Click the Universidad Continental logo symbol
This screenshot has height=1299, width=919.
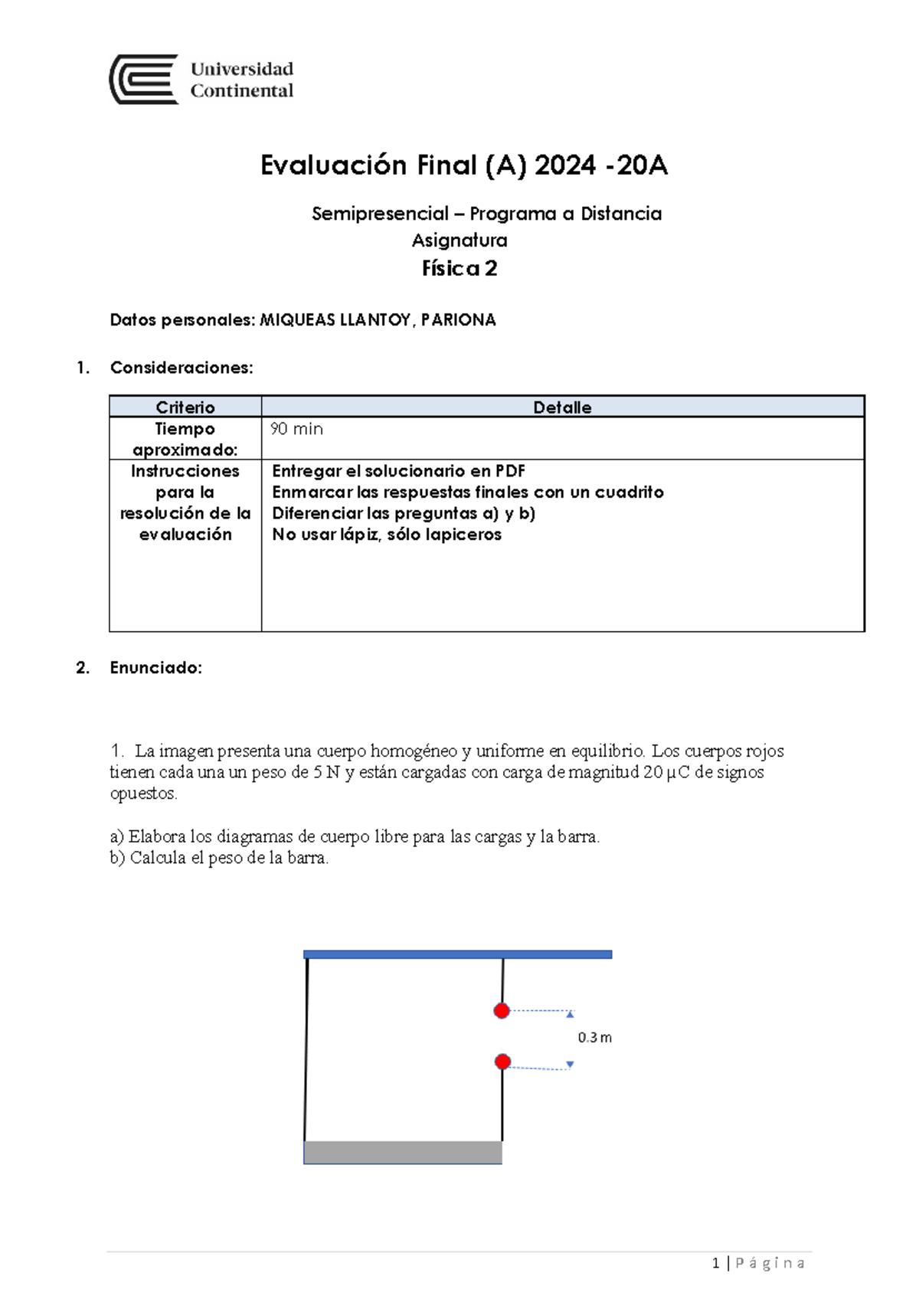(144, 79)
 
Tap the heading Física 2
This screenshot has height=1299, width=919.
(459, 268)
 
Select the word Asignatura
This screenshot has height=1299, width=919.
(459, 240)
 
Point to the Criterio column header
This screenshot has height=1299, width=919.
(185, 407)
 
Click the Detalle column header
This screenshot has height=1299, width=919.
(562, 407)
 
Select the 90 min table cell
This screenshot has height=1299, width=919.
(296, 429)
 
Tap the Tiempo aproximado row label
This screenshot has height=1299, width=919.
(185, 439)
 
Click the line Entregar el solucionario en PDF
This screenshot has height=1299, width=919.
(398, 471)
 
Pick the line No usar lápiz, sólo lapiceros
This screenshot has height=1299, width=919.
(387, 535)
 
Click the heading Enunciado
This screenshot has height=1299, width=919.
(155, 668)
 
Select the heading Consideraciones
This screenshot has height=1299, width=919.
(182, 368)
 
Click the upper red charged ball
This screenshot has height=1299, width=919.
(502, 1011)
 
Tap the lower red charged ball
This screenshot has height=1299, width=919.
(502, 1062)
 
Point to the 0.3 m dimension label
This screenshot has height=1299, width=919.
(594, 1038)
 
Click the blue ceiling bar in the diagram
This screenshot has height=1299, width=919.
(457, 954)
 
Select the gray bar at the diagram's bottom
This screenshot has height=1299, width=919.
(403, 1152)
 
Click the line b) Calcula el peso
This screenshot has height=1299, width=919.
(219, 858)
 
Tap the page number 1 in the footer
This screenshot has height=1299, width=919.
(715, 1263)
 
